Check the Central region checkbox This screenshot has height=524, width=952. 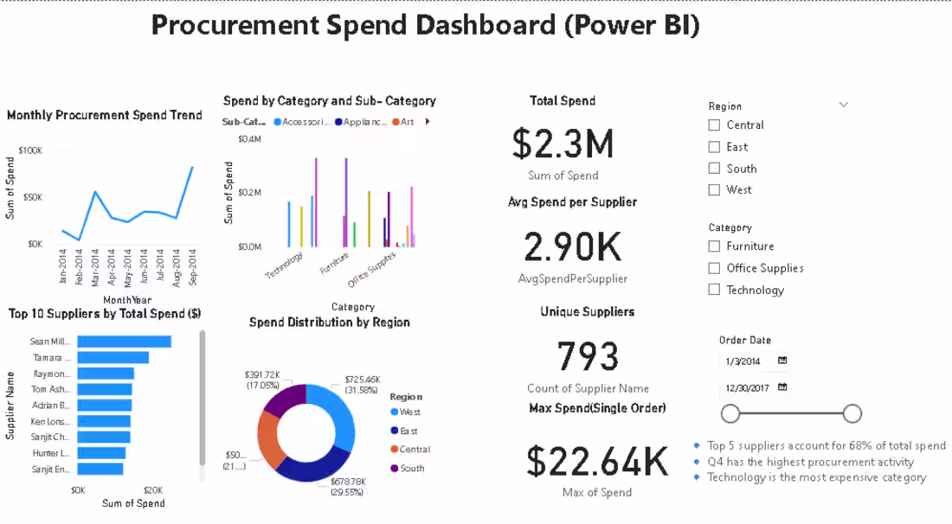714,125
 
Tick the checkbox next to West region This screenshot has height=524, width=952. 714,189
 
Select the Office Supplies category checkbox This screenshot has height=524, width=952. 714,268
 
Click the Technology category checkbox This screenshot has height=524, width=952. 714,290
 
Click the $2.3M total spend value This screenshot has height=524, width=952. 563,144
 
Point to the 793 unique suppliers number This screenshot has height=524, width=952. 588,355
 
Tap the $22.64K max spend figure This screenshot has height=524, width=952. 597,461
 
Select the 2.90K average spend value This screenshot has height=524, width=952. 572,247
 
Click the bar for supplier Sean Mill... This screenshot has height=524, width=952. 124,342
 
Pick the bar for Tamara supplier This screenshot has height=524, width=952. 113,357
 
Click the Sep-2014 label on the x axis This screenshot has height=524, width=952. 192,267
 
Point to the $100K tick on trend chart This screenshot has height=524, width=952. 30,150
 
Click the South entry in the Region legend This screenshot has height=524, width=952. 412,468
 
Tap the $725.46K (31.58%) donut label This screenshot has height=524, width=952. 362,384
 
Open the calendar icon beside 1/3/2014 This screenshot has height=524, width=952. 782,361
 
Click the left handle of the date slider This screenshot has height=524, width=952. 730,413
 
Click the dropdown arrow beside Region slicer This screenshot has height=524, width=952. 844,105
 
